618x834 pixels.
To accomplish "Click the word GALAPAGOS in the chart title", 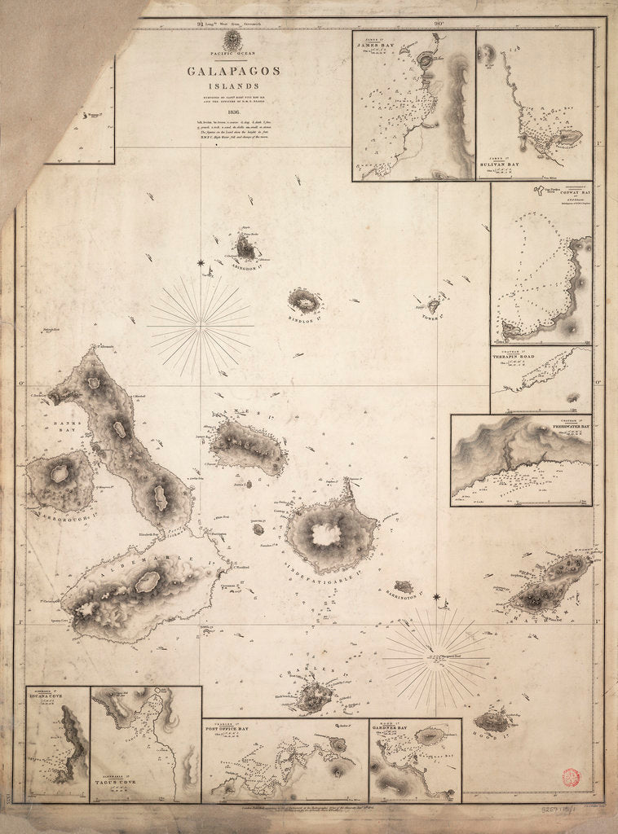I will (233, 71).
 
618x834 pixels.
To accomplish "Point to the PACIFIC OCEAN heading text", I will (233, 54).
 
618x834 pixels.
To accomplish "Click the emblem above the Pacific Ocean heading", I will (233, 39).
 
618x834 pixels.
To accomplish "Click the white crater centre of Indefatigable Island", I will (327, 534).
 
